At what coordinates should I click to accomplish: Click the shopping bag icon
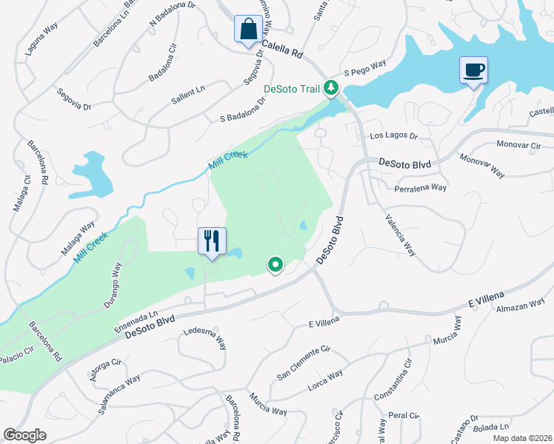[x=247, y=30]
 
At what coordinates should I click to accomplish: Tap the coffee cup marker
[x=473, y=71]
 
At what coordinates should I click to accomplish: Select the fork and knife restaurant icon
[x=212, y=241]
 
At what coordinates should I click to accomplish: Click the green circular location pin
[x=276, y=264]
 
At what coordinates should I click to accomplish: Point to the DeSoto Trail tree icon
[x=333, y=89]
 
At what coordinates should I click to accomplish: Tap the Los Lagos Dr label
[x=394, y=137]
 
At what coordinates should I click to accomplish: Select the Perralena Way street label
[x=418, y=188]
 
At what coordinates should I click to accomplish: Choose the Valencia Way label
[x=400, y=235]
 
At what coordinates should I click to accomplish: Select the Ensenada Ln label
[x=137, y=320]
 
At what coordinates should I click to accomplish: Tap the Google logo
[x=25, y=435]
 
